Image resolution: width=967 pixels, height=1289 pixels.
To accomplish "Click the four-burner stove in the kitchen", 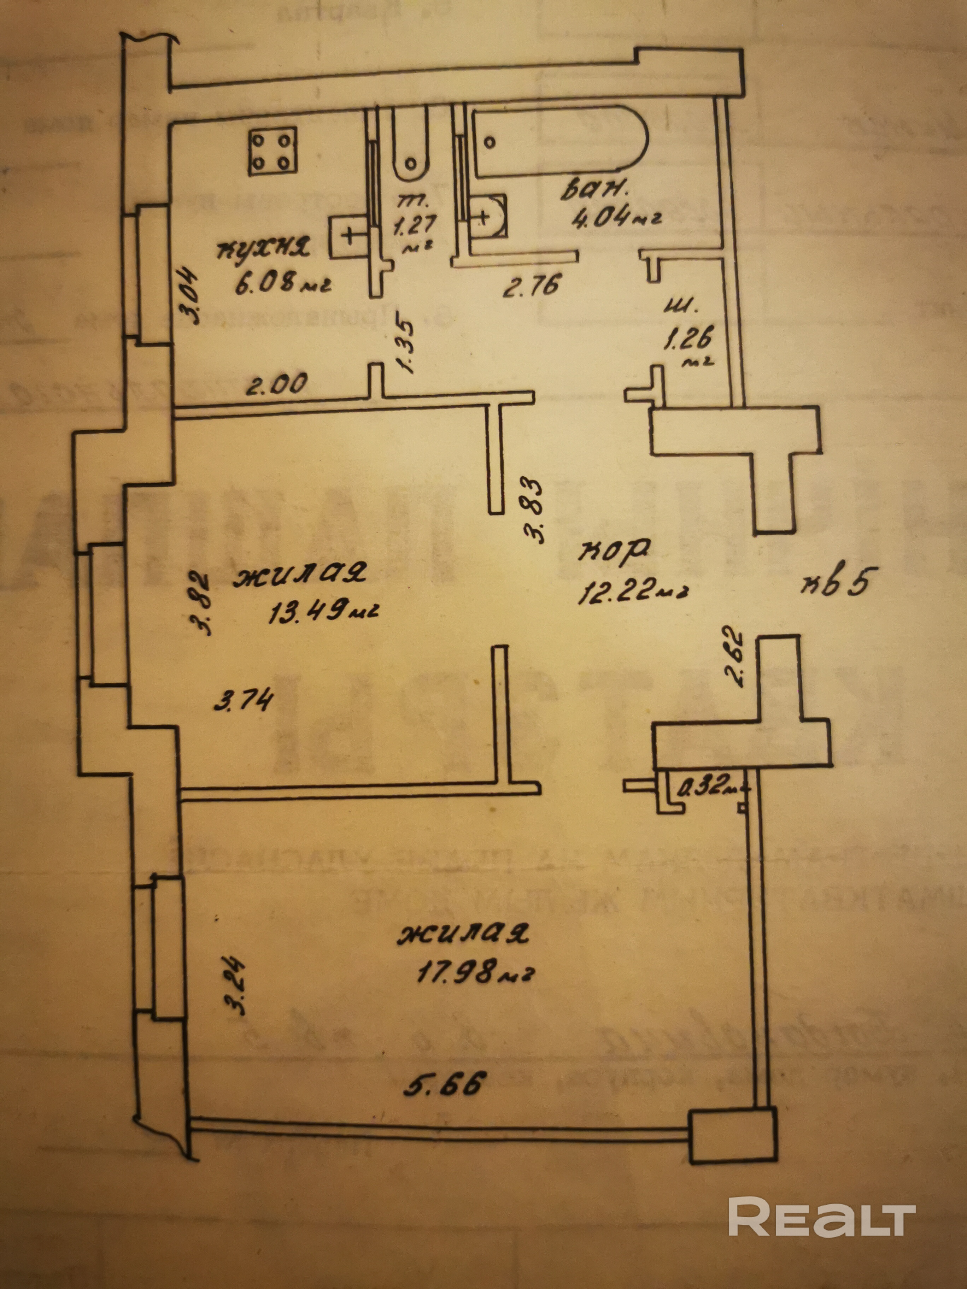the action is point(272,152).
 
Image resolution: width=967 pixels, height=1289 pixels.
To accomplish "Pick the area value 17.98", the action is point(466,971).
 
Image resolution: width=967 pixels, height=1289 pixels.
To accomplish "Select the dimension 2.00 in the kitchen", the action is point(276,385).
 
